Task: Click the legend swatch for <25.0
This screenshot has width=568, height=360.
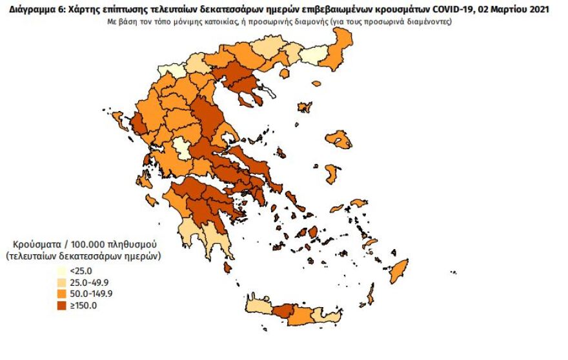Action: point(61,272)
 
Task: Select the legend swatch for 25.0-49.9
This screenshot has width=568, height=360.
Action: point(61,283)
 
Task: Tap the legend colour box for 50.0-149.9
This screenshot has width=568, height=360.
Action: point(61,294)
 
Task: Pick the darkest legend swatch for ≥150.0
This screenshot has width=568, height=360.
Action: point(61,305)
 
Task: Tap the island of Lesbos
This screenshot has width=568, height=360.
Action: point(338,139)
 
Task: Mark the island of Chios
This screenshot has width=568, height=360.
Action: point(332,174)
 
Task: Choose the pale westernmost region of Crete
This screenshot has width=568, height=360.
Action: point(258,305)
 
